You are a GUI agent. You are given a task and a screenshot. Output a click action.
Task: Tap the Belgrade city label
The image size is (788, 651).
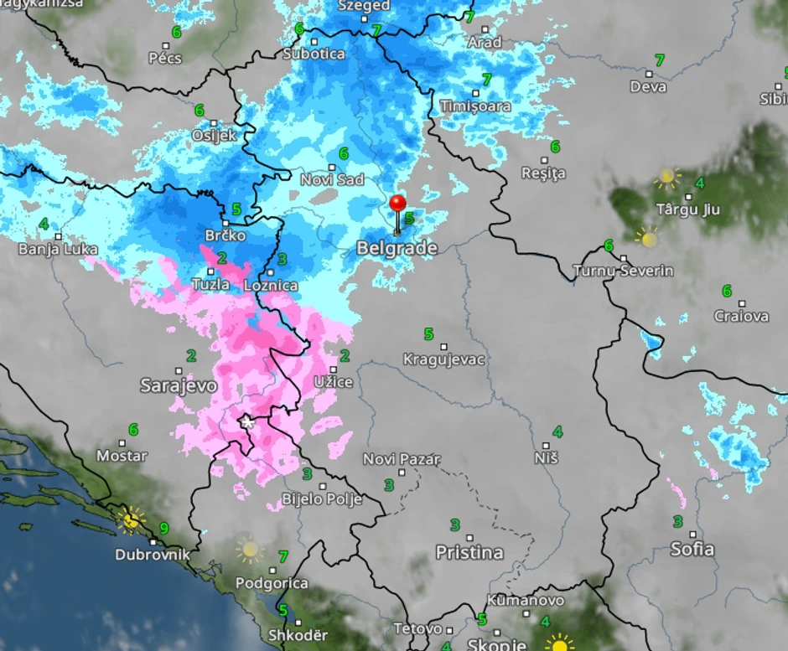(x=397, y=248)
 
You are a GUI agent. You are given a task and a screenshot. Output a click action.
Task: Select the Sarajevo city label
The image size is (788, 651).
(x=179, y=385)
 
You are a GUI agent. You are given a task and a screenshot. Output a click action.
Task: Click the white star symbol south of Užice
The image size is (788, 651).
(x=246, y=421)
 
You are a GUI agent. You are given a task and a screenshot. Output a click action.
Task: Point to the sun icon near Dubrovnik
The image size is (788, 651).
(x=130, y=519)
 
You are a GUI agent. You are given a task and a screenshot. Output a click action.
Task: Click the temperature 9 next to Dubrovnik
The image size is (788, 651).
(x=163, y=529)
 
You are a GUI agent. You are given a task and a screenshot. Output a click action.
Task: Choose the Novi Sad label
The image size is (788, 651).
(x=333, y=179)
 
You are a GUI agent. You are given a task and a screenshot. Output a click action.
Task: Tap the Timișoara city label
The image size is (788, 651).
(x=475, y=106)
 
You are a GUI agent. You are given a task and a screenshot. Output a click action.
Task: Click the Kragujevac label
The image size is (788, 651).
(x=444, y=359)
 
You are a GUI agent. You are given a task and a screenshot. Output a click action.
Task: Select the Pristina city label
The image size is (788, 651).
(x=469, y=552)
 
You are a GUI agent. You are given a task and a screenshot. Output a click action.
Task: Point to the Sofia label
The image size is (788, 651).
(x=692, y=549)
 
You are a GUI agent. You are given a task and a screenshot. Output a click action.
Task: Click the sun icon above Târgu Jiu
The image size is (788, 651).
(x=666, y=178)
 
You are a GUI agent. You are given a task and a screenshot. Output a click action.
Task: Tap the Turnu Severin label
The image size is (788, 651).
(x=623, y=271)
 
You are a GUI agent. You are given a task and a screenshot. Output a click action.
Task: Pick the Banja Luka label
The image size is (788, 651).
(x=58, y=249)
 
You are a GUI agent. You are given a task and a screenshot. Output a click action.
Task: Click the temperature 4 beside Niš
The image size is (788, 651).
(x=557, y=432)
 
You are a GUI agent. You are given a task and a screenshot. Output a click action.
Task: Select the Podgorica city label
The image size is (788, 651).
(x=272, y=583)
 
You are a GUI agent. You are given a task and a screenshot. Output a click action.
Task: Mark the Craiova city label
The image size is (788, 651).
(x=741, y=316)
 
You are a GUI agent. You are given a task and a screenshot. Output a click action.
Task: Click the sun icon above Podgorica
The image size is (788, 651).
(x=249, y=550)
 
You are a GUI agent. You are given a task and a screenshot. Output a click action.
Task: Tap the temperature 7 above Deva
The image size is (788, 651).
(x=659, y=60)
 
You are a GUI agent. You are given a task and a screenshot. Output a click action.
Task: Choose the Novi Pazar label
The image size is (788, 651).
(x=402, y=459)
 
